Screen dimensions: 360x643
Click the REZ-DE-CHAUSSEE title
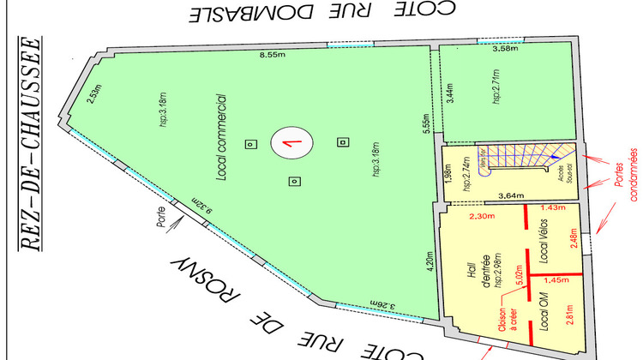pyautogui.click(x=31, y=145)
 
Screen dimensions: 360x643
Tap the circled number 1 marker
pyautogui.click(x=291, y=143)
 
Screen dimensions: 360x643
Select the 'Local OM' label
pyautogui.click(x=543, y=315)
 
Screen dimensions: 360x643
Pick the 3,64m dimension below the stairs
pyautogui.click(x=511, y=195)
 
